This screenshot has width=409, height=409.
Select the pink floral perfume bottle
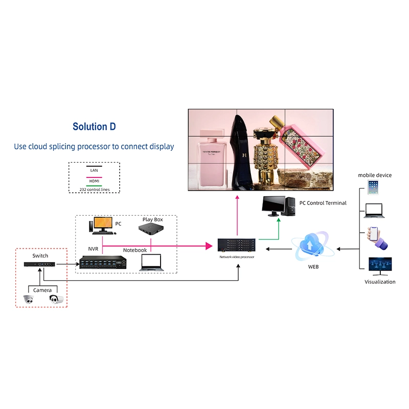[x=302, y=146]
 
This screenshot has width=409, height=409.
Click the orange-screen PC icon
[x=102, y=225]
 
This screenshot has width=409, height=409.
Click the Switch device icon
[x=39, y=264]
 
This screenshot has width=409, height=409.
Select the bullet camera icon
[x=56, y=299]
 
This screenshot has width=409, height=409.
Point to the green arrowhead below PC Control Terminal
[x=279, y=220]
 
